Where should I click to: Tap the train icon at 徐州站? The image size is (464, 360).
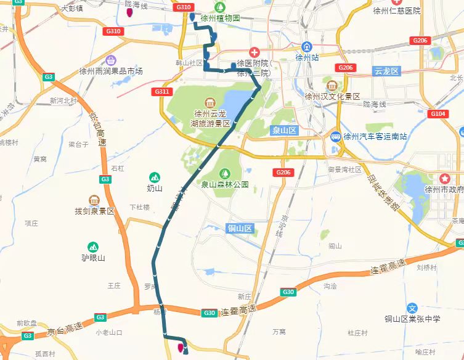(x=306, y=47)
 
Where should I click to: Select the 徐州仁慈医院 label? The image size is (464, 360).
(x=397, y=10)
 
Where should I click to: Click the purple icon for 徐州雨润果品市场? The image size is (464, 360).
(x=111, y=60)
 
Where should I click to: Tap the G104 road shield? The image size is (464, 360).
(x=438, y=114)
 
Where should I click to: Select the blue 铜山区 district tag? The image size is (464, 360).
(x=240, y=229)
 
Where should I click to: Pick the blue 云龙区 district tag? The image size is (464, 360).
(x=387, y=72)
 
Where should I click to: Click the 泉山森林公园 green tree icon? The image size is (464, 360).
(x=224, y=173)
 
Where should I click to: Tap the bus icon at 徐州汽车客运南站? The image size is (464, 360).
(x=336, y=136)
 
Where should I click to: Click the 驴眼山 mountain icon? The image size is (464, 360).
(x=93, y=247)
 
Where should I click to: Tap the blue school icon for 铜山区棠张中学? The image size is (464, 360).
(x=412, y=308)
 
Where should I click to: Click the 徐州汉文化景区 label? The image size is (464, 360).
(x=332, y=96)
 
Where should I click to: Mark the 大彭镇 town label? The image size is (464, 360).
(x=73, y=9)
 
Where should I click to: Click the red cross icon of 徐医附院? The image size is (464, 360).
(x=254, y=52)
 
